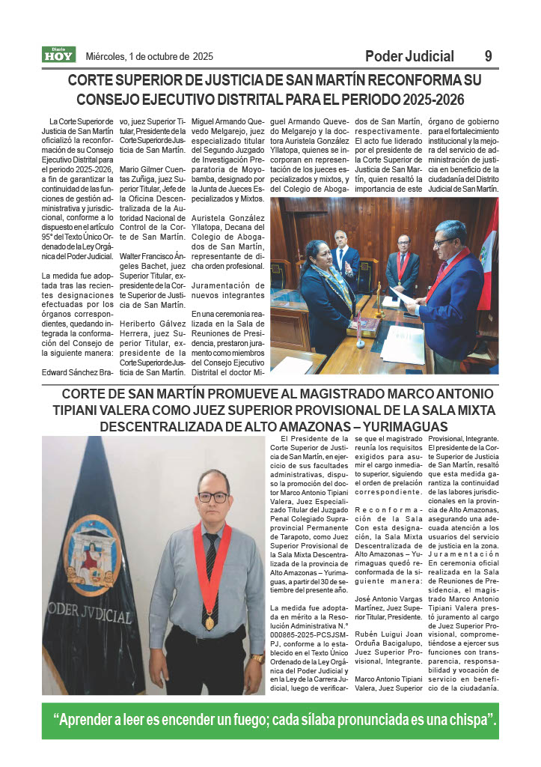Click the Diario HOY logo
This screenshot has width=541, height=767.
click(x=58, y=55)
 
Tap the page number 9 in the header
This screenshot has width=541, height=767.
click(x=488, y=56)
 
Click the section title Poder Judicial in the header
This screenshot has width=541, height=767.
click(x=409, y=56)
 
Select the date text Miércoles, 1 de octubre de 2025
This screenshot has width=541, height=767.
click(x=150, y=56)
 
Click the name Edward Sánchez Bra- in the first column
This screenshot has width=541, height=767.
click(x=77, y=372)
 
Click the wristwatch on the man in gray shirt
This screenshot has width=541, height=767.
click(x=257, y=658)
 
